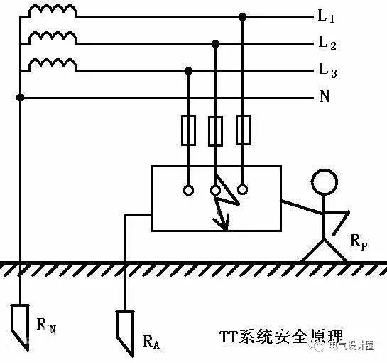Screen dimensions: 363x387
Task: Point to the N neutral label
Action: [325, 97]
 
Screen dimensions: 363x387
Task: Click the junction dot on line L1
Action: [242, 16]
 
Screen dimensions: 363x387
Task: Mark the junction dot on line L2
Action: [215, 43]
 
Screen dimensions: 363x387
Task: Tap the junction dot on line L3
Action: [188, 70]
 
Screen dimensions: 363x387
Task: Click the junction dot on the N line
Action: [21, 97]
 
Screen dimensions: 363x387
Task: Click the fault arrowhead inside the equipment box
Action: [224, 226]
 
